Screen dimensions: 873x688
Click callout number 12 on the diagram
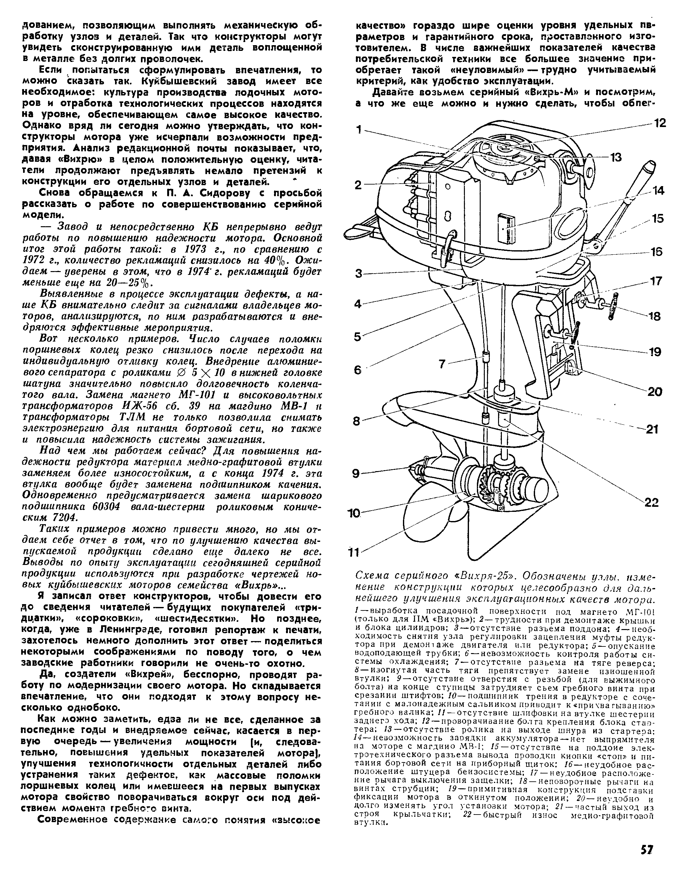point(660,123)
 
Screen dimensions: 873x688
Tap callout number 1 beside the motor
point(359,130)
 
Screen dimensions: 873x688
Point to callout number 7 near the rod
point(442,364)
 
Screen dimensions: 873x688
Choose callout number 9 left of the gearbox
point(356,474)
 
